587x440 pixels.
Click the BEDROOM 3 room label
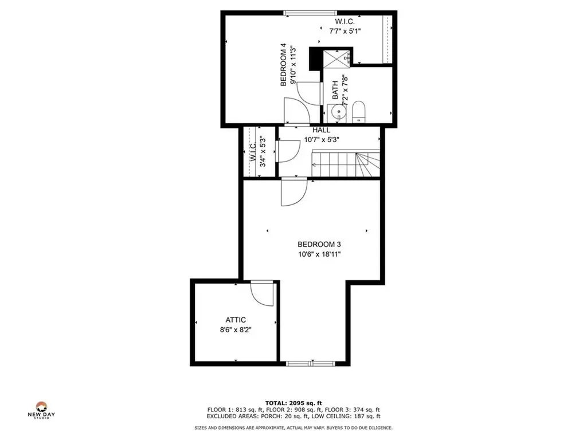311,243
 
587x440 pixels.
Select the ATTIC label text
235,320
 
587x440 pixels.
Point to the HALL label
321,131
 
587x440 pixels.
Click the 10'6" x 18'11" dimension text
311,254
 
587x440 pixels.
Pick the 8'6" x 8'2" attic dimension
235,331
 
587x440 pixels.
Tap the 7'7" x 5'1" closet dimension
345,32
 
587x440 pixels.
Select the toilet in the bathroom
359,112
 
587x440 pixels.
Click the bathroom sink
338,112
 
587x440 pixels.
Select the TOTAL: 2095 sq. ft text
293,403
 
